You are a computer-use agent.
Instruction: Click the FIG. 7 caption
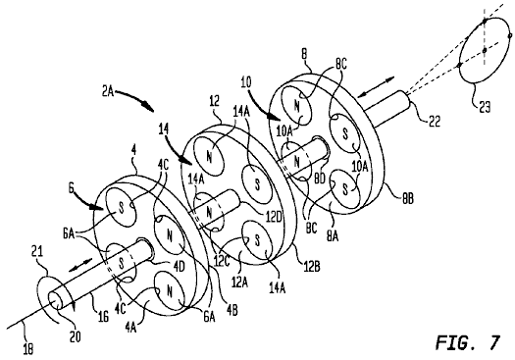tap(468, 342)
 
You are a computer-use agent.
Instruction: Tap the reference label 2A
tap(107, 91)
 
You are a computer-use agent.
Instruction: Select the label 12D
tap(275, 218)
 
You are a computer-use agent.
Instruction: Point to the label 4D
tap(180, 267)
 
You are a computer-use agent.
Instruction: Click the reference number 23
tap(485, 107)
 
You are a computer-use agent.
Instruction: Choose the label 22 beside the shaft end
tap(434, 122)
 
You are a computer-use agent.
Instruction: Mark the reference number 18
tap(28, 349)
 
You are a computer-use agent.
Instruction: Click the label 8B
tap(407, 199)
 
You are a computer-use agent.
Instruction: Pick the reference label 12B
tap(311, 267)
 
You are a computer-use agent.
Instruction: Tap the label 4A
tap(130, 328)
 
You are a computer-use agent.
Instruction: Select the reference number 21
tap(37, 252)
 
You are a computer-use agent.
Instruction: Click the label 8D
tap(319, 179)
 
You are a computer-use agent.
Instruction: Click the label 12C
tap(222, 262)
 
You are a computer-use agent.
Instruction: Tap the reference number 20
tap(76, 336)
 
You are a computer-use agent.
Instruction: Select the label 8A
tap(333, 235)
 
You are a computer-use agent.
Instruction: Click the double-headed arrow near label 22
tap(376, 87)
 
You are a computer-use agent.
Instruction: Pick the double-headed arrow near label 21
tap(80, 265)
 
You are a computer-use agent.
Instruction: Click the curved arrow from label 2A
tap(134, 99)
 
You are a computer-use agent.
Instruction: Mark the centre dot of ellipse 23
tap(485, 50)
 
